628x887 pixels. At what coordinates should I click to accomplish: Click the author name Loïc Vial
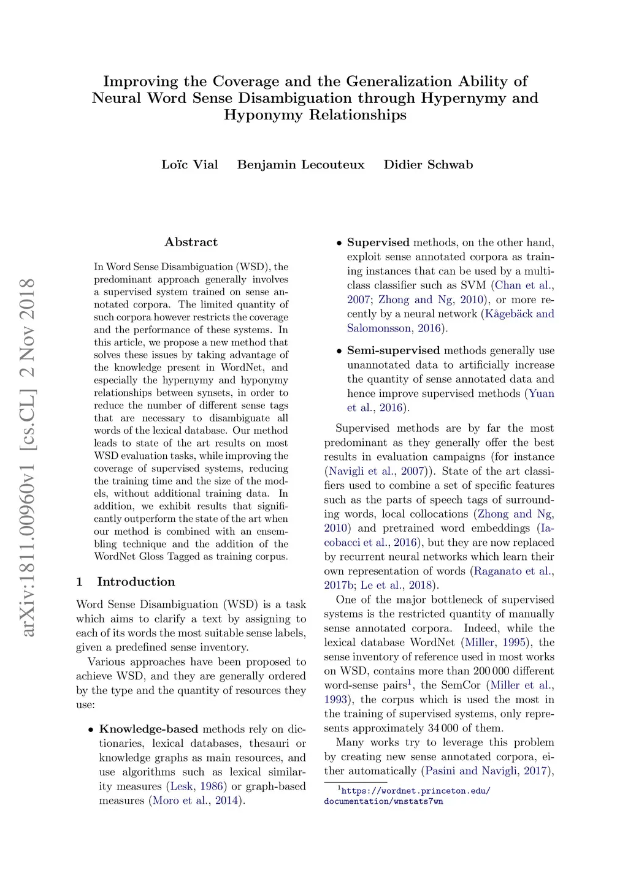(x=190, y=164)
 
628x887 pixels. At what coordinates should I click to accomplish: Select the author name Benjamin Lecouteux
(x=301, y=164)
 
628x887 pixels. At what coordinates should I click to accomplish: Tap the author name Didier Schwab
(x=428, y=164)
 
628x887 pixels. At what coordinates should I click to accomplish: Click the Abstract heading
(x=191, y=242)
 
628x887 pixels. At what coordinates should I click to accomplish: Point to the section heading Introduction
(x=136, y=581)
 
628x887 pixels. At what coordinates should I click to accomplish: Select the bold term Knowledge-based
(x=148, y=729)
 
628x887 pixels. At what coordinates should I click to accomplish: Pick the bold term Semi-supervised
(x=393, y=350)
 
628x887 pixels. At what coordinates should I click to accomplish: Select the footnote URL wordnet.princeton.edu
(x=407, y=796)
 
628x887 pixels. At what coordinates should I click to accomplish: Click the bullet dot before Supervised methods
(x=339, y=243)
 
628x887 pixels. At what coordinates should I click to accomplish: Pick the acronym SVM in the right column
(x=473, y=285)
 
